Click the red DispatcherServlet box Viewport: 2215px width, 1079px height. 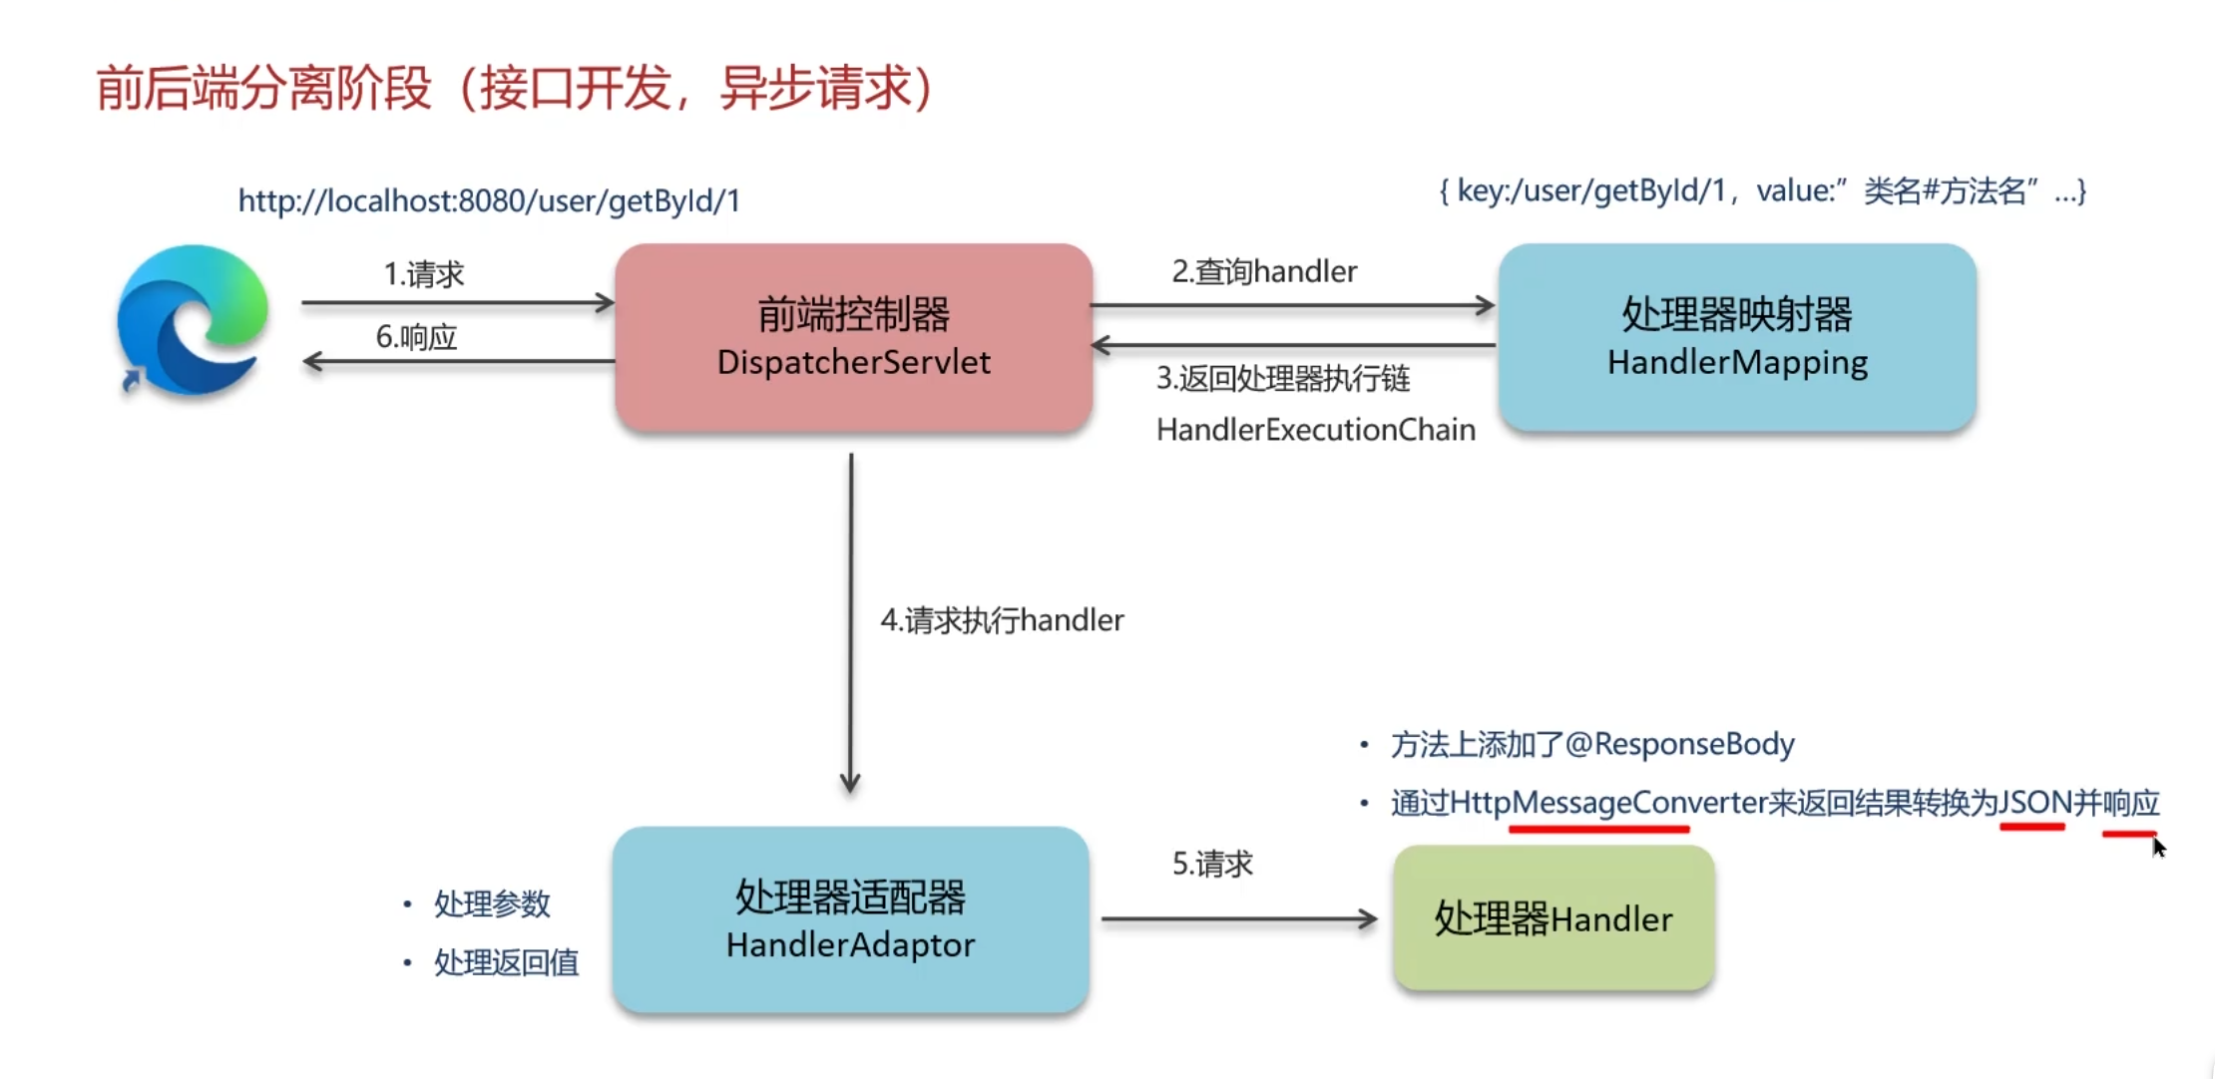854,338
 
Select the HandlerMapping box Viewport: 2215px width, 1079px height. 1737,338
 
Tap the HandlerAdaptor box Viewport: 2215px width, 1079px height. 850,919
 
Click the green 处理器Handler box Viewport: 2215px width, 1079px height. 1553,917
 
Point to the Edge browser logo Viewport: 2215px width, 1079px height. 192,319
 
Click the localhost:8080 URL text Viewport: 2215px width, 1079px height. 489,201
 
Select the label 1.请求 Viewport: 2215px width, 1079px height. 424,274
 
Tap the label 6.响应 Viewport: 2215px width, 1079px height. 416,337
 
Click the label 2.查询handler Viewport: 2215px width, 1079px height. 1264,271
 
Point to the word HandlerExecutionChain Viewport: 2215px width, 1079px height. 1315,430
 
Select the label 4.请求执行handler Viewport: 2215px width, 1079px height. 1002,620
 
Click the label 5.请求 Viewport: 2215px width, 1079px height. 1212,864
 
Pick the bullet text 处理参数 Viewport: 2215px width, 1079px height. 492,903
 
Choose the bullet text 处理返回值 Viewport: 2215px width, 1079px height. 506,962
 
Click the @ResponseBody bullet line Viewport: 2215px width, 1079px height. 1592,744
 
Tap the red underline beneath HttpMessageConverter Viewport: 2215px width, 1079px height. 1598,829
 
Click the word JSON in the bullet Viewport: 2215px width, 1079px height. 2035,803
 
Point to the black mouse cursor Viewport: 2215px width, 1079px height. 2159,848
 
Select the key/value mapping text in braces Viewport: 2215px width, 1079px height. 1762,190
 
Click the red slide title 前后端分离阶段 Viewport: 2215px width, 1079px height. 263,88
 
